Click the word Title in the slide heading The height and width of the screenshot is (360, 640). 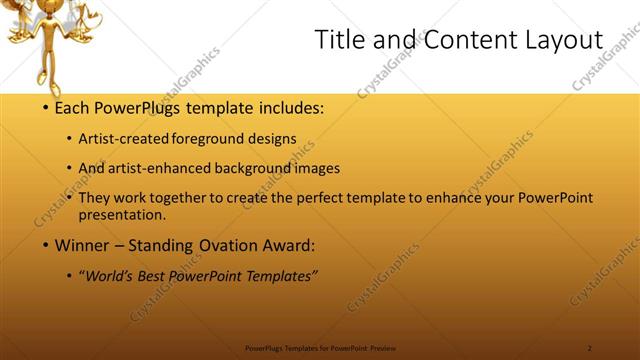[338, 40]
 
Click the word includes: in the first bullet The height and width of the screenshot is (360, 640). [291, 107]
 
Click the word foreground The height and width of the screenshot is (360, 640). [211, 140]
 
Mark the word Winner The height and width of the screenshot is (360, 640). [82, 244]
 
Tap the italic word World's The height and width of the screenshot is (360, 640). [111, 276]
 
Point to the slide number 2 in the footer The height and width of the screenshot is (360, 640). [590, 348]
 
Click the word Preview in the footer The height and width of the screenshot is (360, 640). [382, 348]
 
